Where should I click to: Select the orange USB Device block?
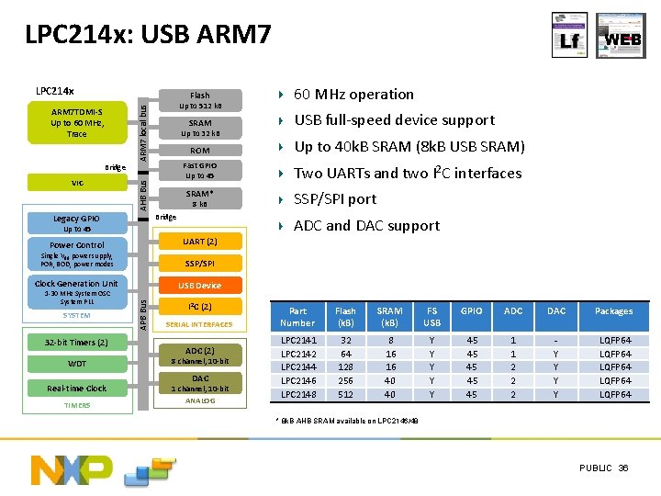(x=199, y=285)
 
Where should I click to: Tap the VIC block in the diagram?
(x=77, y=183)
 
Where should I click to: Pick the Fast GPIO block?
(x=199, y=170)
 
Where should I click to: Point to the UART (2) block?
(x=199, y=242)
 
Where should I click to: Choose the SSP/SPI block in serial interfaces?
(x=199, y=264)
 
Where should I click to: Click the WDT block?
(x=77, y=364)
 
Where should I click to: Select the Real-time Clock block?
(x=77, y=388)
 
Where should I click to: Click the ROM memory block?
(x=199, y=150)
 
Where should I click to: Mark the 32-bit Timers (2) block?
(x=77, y=342)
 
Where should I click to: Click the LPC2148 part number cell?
(x=297, y=394)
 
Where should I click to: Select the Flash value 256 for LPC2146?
(x=345, y=380)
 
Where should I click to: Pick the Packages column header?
(x=613, y=311)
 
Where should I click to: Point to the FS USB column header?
(x=431, y=317)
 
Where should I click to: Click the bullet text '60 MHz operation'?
(x=353, y=94)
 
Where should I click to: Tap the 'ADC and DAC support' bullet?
(x=366, y=225)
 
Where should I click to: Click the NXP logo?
(x=72, y=468)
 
